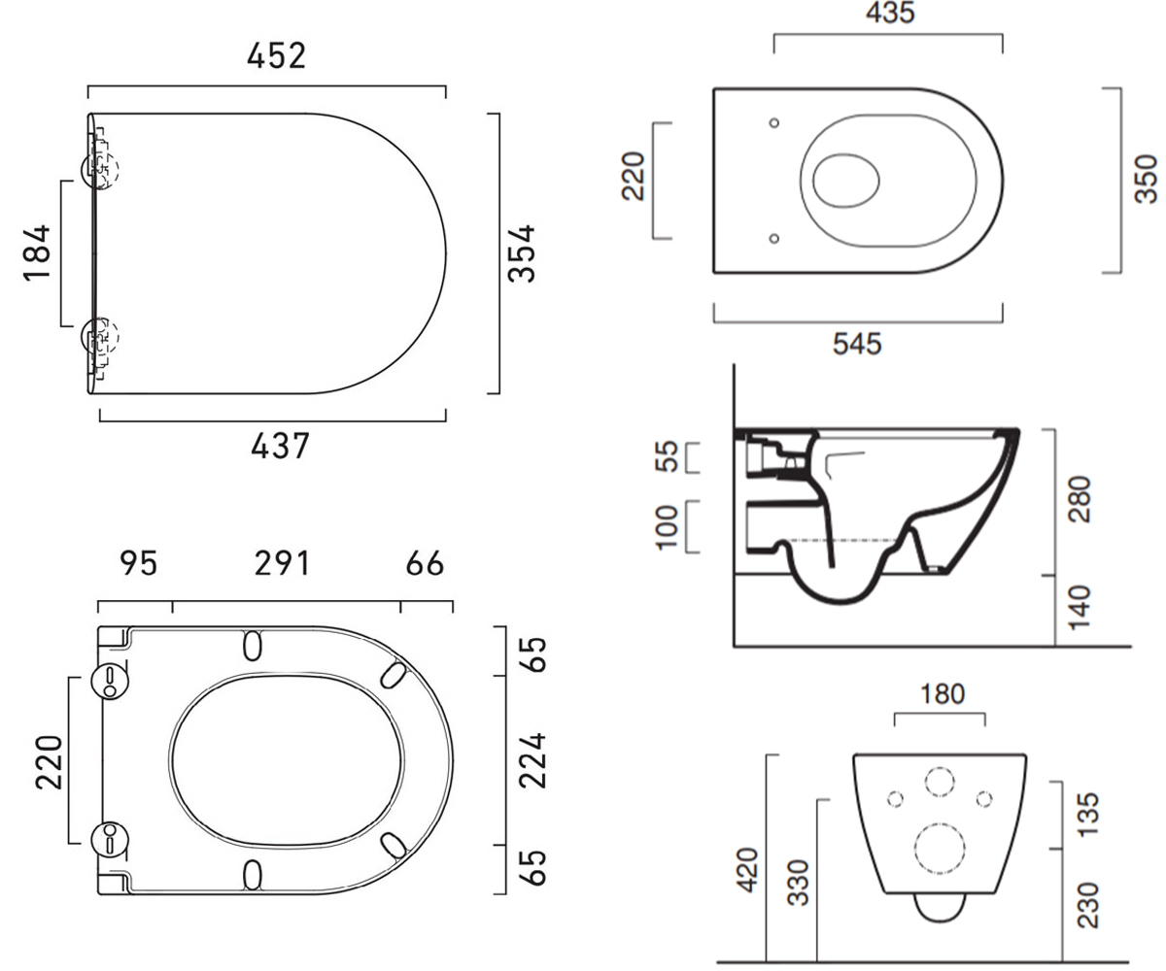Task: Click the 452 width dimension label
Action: pyautogui.click(x=276, y=55)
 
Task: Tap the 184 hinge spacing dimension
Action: pyautogui.click(x=38, y=252)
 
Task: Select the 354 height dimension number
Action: pyautogui.click(x=521, y=253)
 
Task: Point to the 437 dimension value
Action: pyautogui.click(x=280, y=446)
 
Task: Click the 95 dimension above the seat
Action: pyautogui.click(x=139, y=563)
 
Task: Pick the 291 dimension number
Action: pyautogui.click(x=282, y=563)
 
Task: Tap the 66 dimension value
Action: pyautogui.click(x=425, y=563)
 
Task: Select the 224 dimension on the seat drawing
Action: pyautogui.click(x=532, y=759)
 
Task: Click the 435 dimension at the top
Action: pyautogui.click(x=890, y=13)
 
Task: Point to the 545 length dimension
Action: pyautogui.click(x=857, y=344)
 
